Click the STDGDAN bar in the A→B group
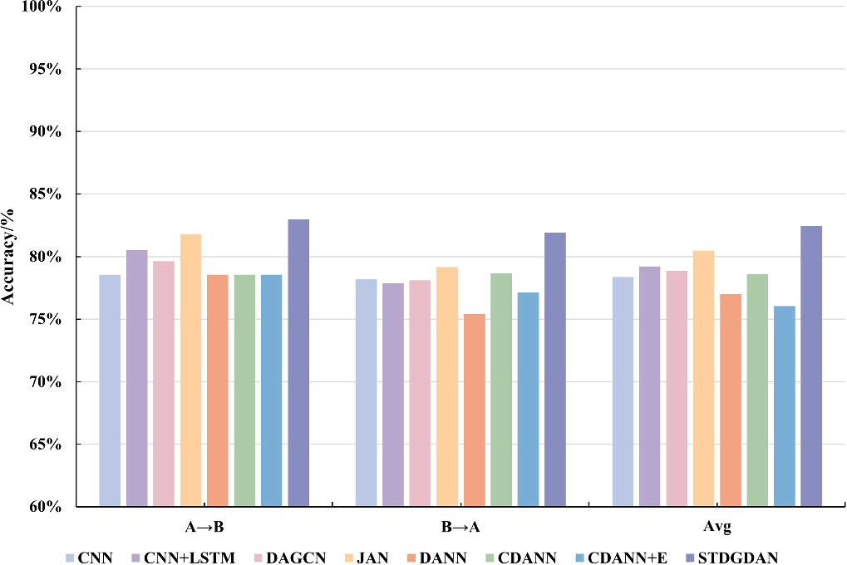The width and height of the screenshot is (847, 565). click(298, 362)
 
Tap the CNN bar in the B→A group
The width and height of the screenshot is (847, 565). click(367, 392)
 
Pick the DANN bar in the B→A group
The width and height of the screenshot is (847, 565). click(474, 410)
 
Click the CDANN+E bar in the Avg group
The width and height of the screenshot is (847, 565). click(784, 405)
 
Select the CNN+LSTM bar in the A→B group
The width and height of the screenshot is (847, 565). click(136, 377)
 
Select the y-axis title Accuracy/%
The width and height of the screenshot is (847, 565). click(10, 256)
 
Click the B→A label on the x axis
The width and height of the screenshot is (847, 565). click(460, 528)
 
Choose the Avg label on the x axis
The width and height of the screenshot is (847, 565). click(717, 528)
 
